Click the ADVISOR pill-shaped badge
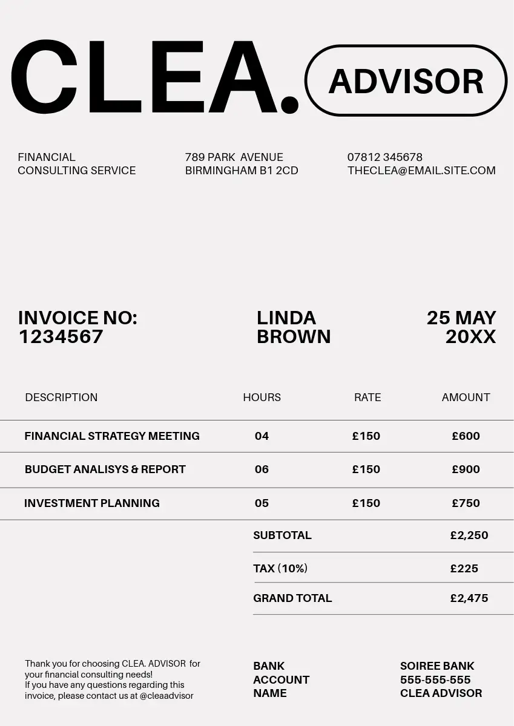click(x=406, y=81)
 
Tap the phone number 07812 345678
click(x=384, y=157)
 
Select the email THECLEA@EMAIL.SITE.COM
click(x=421, y=171)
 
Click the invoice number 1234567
click(x=61, y=337)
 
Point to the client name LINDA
click(x=286, y=318)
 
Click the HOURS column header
click(x=262, y=397)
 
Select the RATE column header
click(x=367, y=397)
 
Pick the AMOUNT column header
click(x=466, y=397)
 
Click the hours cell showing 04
click(x=262, y=436)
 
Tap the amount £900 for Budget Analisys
click(x=466, y=469)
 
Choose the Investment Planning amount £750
click(x=466, y=503)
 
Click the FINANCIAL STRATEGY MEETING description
click(x=112, y=436)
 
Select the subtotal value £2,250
click(x=469, y=535)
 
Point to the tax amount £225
click(x=464, y=569)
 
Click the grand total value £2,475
click(x=469, y=598)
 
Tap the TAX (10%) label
click(x=280, y=569)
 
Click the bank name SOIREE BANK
click(x=437, y=666)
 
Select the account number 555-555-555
click(x=435, y=680)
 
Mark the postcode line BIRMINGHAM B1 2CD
click(x=242, y=171)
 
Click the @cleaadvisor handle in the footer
click(x=166, y=696)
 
